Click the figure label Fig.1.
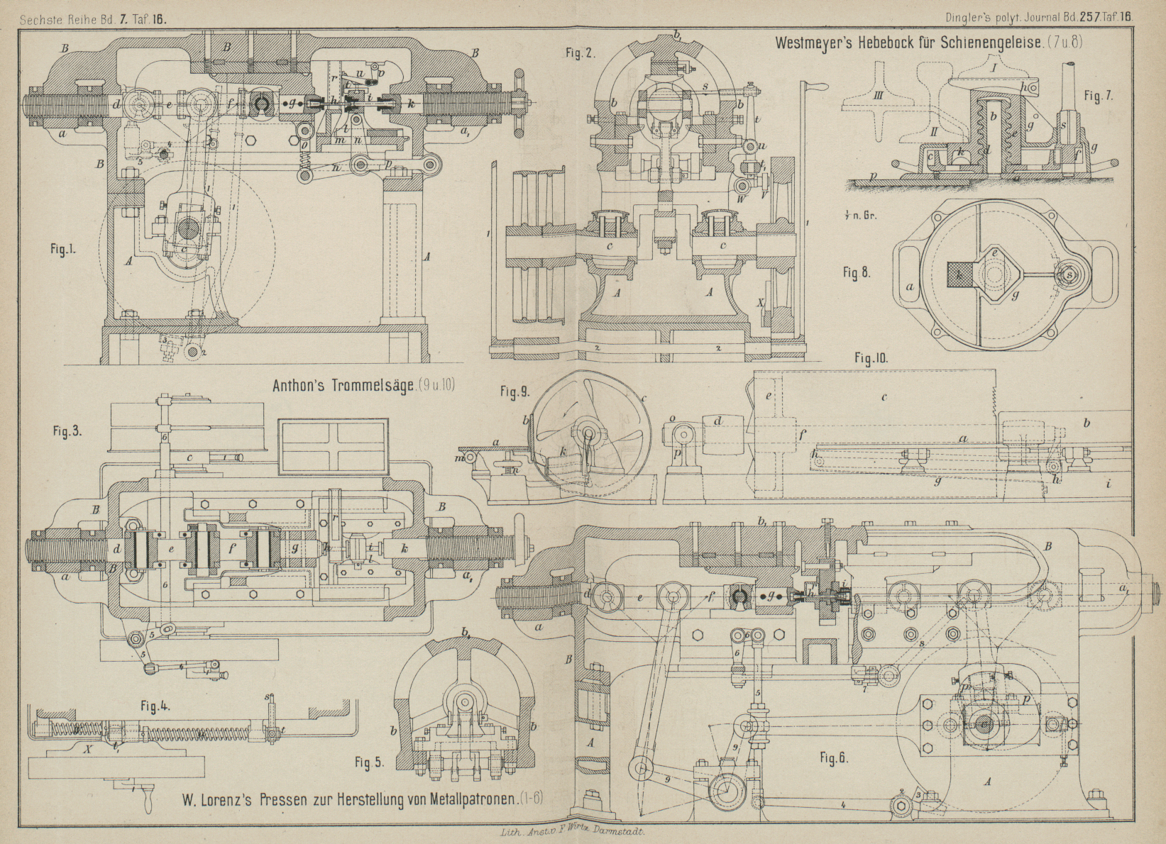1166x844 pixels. click(63, 249)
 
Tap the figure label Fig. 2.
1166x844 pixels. click(581, 52)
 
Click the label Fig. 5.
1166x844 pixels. click(368, 762)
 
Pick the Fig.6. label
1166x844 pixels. click(835, 757)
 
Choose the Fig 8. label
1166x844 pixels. click(857, 272)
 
